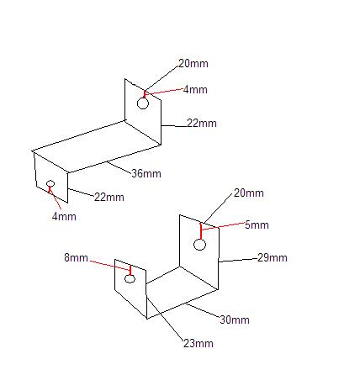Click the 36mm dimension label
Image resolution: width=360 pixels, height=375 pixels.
146,173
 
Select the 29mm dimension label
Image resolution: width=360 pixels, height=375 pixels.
273,257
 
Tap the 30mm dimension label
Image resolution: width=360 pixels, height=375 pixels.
235,320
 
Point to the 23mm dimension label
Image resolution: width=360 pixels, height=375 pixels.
199,343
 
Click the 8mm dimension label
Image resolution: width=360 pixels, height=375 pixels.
76,257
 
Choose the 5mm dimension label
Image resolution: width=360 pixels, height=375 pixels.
257,224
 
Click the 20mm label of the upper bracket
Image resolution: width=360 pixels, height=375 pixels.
193,64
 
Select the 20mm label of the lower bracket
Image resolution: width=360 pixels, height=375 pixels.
249,193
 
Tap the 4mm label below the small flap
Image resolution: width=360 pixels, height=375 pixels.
64,216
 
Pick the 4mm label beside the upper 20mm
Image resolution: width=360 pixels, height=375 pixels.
195,90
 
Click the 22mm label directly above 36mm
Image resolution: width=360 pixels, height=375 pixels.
202,123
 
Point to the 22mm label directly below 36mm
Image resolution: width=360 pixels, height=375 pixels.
109,197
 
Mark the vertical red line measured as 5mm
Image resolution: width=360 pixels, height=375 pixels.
201,231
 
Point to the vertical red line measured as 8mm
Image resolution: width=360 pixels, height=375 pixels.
130,270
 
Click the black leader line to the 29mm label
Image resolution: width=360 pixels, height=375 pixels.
238,260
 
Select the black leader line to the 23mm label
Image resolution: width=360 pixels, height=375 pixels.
165,318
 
